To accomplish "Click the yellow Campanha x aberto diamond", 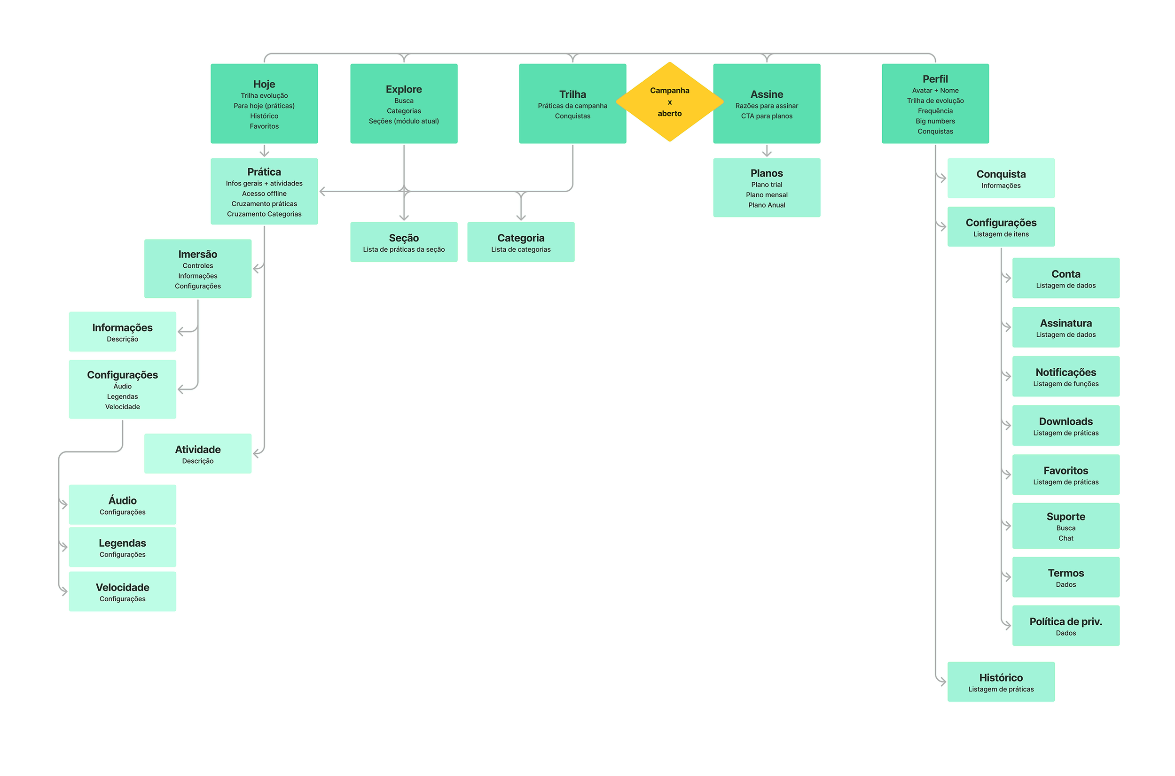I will (669, 102).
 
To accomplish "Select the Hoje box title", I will (264, 84).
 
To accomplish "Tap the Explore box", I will (404, 103).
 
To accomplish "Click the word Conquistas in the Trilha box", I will (572, 116).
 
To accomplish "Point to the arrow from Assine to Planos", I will (767, 150).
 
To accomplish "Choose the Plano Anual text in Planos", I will (767, 205).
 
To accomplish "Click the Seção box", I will (404, 242).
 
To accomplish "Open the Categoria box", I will (520, 242).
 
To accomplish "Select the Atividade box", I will (197, 453).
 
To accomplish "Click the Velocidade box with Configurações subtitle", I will (122, 591).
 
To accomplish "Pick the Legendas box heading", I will (122, 543).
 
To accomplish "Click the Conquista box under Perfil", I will (1001, 178).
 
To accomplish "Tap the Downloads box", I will (1065, 426).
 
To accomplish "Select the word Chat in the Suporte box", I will (1065, 538).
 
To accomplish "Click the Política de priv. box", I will (1065, 626).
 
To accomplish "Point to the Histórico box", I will (1001, 682).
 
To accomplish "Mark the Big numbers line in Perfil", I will (935, 121).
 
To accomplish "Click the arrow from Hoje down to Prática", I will (264, 150).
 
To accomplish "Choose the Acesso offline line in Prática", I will (264, 194).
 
